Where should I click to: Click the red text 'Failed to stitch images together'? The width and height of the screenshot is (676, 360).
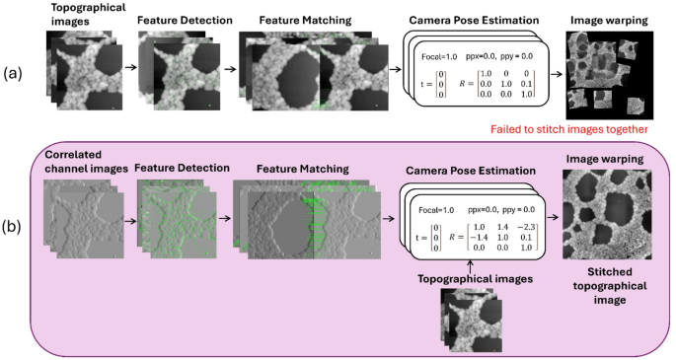tap(569, 128)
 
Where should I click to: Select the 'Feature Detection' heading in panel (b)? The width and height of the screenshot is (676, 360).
tap(175, 168)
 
